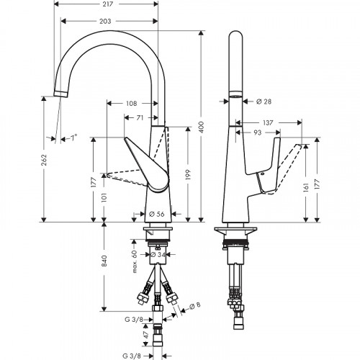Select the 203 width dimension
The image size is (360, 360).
coord(107,22)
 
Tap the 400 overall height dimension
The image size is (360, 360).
coord(202,127)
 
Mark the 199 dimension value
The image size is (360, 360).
coord(189,168)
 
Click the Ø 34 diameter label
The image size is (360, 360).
coord(162,254)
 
